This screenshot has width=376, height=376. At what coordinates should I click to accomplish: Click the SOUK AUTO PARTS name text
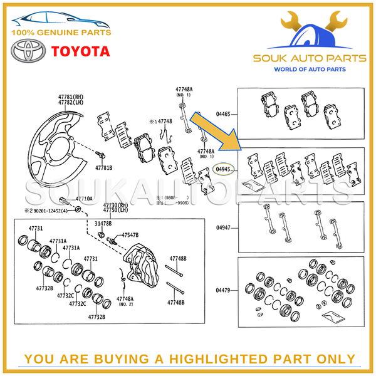309,58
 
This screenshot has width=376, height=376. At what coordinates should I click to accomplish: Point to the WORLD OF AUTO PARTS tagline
309,69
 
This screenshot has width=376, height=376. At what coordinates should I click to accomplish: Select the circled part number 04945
224,169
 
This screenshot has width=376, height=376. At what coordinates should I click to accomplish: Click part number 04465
224,115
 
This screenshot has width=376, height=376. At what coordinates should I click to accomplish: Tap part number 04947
224,227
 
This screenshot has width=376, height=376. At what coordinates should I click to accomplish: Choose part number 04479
224,290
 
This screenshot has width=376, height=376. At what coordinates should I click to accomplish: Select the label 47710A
84,198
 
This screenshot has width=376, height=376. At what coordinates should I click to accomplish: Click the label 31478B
103,224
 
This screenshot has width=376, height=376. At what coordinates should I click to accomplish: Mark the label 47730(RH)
115,205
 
